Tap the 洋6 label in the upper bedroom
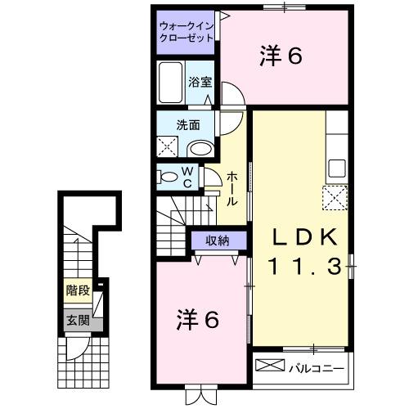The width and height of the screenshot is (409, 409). tap(282, 55)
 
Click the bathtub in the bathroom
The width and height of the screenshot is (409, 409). tap(173, 83)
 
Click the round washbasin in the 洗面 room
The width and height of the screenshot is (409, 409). tap(199, 148)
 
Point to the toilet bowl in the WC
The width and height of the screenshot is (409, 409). tap(168, 177)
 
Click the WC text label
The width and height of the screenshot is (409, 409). tap(187, 177)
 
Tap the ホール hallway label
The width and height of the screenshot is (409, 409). tap(232, 189)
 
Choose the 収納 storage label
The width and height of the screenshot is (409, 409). tap(217, 240)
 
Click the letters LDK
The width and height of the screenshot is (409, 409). tap(304, 238)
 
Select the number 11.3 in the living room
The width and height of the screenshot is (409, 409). tap(304, 266)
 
